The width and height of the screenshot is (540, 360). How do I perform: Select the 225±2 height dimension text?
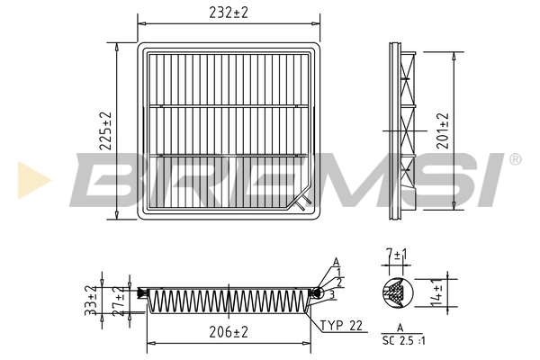coord(104,131)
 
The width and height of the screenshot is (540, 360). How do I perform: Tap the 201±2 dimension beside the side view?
coord(443,131)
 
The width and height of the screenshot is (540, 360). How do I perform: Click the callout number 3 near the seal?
coord(332,294)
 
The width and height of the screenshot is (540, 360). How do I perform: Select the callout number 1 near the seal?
coord(337,273)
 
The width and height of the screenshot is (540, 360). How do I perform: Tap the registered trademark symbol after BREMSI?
coord(515,159)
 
